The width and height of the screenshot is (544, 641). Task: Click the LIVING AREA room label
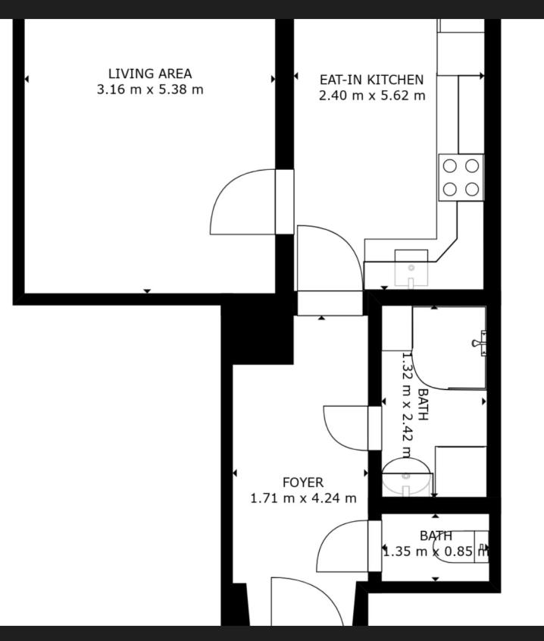(150, 74)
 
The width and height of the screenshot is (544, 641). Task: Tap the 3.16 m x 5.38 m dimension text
(150, 89)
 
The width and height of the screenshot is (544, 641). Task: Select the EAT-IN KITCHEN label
(372, 80)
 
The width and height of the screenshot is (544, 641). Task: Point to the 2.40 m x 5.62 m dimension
(372, 96)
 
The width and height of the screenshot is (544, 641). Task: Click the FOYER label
(303, 482)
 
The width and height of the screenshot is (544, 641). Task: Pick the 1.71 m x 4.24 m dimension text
(303, 498)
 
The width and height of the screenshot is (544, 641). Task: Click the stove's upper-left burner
(449, 166)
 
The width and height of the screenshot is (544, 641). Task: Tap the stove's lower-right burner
(472, 189)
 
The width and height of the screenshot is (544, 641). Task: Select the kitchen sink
(411, 269)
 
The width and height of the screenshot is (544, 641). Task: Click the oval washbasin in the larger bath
(406, 477)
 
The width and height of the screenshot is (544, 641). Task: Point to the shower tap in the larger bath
(480, 344)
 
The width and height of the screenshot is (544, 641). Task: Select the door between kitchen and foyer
(330, 259)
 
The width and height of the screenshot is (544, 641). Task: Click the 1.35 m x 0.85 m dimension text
(436, 551)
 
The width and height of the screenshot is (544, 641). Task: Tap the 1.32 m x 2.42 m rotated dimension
(407, 406)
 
